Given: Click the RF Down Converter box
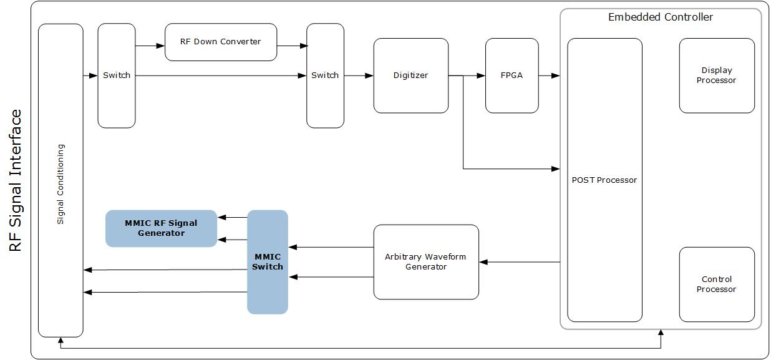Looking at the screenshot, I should click(x=220, y=42).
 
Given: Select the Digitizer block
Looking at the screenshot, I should click(x=410, y=75).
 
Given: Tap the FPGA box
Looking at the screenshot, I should click(x=512, y=75).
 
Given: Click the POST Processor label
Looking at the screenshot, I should click(x=604, y=180).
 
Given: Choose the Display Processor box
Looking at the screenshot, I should click(x=716, y=75).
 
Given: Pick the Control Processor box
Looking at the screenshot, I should click(x=716, y=285).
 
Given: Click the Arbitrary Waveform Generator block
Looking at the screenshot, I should click(x=425, y=262).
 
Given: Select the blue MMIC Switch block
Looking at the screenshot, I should click(x=267, y=262).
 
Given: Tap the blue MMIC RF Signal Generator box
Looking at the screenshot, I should click(x=161, y=228).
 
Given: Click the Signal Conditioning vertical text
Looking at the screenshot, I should click(x=61, y=184).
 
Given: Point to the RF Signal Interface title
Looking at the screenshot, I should click(x=16, y=180).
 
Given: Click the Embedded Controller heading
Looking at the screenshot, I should click(x=660, y=17).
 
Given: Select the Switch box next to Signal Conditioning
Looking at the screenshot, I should click(x=117, y=75).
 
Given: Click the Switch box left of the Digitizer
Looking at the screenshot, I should click(x=325, y=75).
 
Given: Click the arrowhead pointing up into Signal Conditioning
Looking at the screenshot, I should click(x=61, y=341).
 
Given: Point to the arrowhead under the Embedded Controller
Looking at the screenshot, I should click(x=660, y=333).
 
